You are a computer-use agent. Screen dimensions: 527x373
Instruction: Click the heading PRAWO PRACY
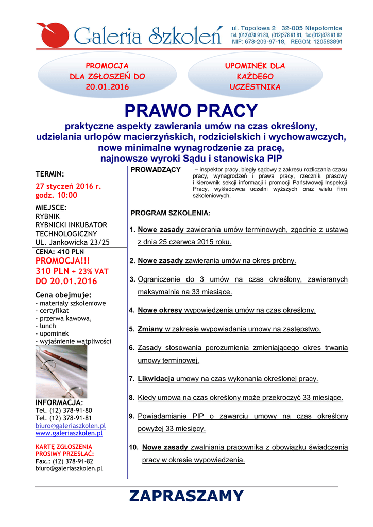191,110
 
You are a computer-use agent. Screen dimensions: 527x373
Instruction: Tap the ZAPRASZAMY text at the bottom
186,496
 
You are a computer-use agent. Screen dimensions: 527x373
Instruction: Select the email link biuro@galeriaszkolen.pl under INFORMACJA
70,426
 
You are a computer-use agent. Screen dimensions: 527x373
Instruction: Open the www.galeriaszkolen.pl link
69,433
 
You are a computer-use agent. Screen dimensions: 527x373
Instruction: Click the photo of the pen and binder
61,372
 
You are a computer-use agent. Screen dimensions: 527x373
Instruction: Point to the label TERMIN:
49,173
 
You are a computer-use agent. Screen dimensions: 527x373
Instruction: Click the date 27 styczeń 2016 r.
68,186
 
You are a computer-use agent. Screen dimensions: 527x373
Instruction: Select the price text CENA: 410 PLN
59,252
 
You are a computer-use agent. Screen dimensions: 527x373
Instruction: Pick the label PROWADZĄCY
156,170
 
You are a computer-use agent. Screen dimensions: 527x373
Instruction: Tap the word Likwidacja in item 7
156,379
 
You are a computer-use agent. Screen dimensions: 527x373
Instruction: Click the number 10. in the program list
133,448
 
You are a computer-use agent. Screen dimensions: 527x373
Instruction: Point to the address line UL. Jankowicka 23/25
72,242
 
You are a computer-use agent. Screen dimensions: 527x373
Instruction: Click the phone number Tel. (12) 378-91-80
64,410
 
